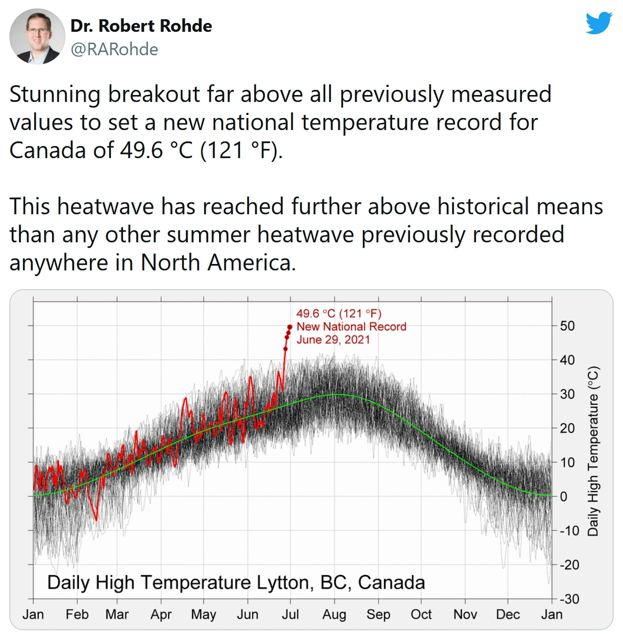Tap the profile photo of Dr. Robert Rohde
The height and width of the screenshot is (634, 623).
[37, 36]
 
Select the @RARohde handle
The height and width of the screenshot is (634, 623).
[115, 49]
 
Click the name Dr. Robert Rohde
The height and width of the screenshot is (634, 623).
[141, 26]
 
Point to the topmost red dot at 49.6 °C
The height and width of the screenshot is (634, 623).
[290, 327]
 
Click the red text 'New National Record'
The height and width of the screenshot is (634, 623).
[351, 326]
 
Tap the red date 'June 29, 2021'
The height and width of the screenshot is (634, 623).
[333, 340]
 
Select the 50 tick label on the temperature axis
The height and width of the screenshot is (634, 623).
[567, 326]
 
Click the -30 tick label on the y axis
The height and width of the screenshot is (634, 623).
[569, 599]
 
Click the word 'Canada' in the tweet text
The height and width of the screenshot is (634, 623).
[48, 150]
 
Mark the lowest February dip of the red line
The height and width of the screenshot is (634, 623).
[96, 520]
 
